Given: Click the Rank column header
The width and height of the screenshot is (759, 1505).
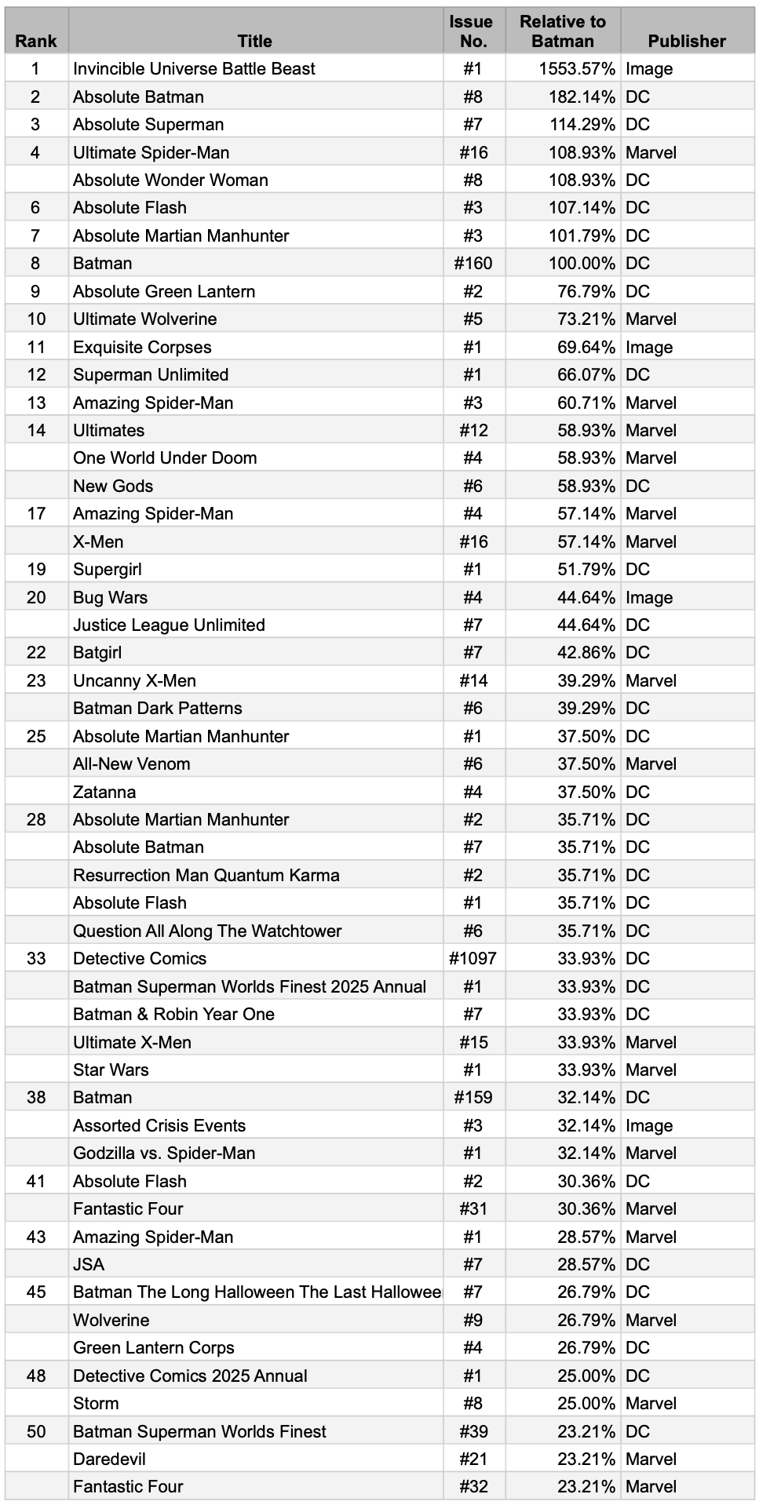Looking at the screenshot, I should click(36, 41).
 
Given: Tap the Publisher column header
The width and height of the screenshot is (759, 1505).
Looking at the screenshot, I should click(687, 41).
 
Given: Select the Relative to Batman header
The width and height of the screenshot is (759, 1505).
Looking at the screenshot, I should click(563, 31).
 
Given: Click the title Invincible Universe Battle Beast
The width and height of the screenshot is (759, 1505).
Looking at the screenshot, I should click(194, 69).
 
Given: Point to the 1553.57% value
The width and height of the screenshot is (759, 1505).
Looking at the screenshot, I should click(577, 69).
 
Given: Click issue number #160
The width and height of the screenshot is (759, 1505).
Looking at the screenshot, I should click(473, 264).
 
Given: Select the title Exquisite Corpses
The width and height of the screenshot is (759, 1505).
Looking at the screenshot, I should click(142, 347).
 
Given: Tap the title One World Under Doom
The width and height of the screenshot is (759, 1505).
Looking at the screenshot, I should click(165, 458).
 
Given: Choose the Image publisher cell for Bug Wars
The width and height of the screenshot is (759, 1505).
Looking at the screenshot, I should click(649, 598).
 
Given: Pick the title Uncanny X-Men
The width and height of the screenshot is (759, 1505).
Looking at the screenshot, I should click(134, 681).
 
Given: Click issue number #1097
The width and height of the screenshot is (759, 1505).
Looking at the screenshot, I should click(473, 959).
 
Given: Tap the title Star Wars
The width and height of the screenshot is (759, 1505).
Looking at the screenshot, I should click(111, 1070).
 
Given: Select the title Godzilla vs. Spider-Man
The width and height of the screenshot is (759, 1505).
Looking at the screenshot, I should click(164, 1153).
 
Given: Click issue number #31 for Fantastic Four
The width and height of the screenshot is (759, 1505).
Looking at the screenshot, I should click(473, 1209).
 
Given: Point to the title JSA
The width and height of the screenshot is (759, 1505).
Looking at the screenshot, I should click(89, 1265).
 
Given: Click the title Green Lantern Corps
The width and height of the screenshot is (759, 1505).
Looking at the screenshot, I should click(154, 1348).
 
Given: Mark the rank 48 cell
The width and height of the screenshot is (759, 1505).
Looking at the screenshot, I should click(36, 1376).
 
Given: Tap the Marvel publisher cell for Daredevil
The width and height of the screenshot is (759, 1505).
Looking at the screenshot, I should click(651, 1459).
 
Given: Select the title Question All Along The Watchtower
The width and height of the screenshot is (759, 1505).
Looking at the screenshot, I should click(207, 931).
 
